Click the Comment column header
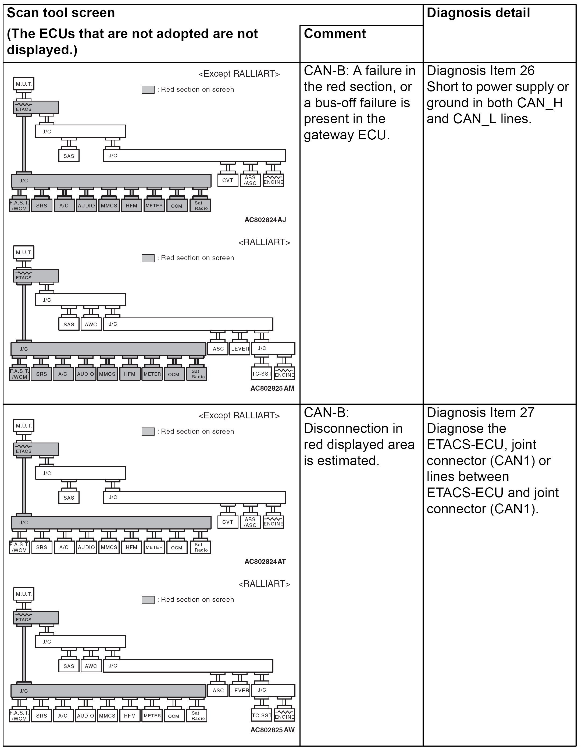[x=335, y=34]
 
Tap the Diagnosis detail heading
[x=478, y=13]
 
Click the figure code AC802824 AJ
[x=265, y=220]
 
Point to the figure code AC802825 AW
[x=272, y=730]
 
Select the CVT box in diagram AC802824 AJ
[x=228, y=180]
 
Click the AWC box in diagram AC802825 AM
[x=91, y=324]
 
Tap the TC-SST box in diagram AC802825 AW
[x=262, y=715]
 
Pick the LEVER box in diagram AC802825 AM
[x=240, y=349]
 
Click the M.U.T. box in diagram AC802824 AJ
[x=24, y=84]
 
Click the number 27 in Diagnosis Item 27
[x=527, y=412]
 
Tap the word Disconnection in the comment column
[x=353, y=429]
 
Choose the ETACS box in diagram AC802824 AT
[x=36, y=449]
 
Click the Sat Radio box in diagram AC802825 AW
[x=198, y=715]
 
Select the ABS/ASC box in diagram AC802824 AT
[x=251, y=522]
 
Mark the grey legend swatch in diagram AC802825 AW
[x=148, y=600]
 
